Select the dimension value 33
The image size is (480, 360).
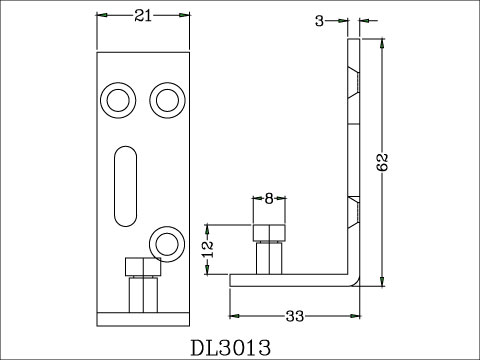tap(295, 318)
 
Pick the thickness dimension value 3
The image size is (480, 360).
tap(319, 21)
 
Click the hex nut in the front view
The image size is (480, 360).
tap(141, 267)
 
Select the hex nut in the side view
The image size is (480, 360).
tap(268, 236)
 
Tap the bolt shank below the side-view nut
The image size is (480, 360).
tap(268, 258)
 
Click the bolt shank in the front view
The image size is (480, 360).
tap(141, 295)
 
